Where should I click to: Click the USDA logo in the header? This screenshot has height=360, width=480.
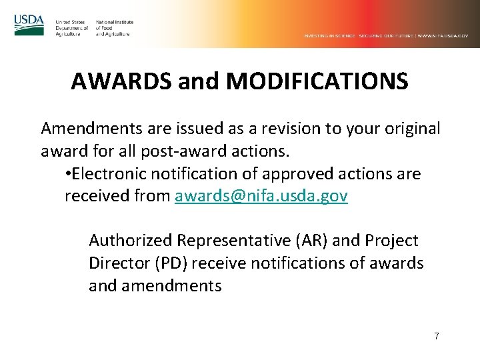[29, 25]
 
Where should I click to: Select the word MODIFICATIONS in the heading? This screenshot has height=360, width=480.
[317, 81]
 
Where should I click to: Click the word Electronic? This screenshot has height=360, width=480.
[109, 174]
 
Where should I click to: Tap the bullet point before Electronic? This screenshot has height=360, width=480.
[69, 175]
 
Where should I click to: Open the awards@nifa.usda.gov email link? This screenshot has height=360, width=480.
[261, 197]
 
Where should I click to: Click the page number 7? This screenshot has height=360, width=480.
[437, 336]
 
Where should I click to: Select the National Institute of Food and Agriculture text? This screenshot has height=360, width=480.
[114, 28]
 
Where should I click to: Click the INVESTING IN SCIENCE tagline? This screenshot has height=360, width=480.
[330, 35]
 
